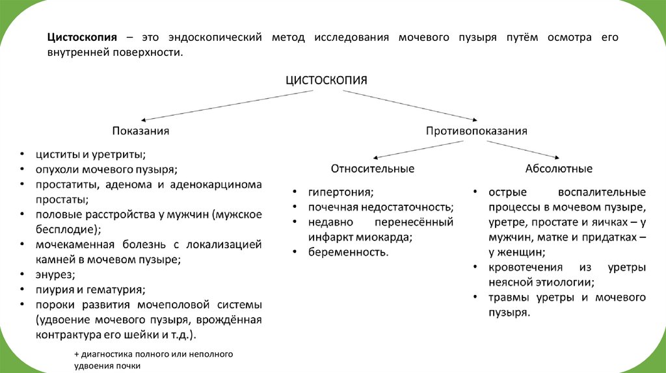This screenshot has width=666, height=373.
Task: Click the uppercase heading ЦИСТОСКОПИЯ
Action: [327, 81]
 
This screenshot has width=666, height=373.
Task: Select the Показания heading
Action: [140, 131]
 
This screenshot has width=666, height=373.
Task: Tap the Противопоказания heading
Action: [476, 131]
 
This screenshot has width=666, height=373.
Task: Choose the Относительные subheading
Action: [372, 168]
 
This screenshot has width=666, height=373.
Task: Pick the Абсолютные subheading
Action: [559, 168]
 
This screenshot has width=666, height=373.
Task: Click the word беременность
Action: [348, 251]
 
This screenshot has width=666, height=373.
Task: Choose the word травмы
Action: [510, 298]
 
